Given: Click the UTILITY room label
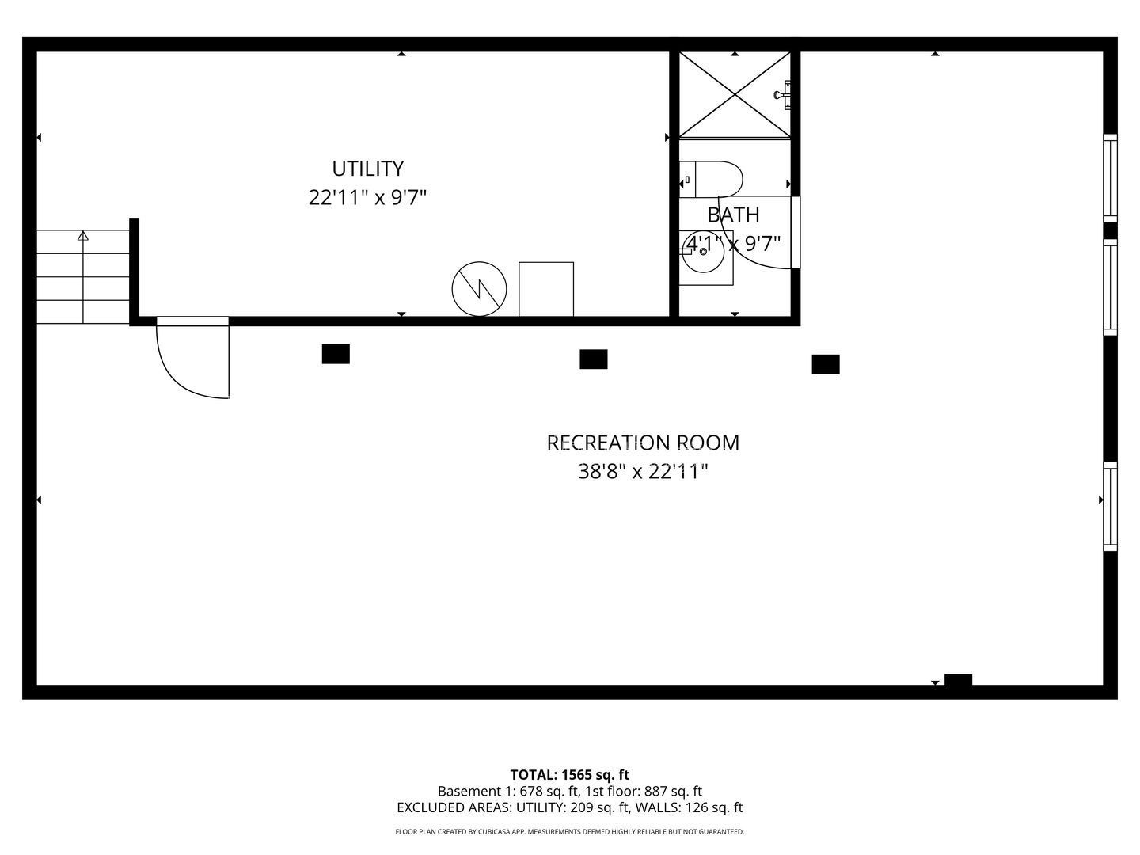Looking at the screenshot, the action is coord(367,169).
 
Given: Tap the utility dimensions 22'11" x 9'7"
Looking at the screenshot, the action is coord(367,198).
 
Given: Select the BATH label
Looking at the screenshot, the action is coord(733,215).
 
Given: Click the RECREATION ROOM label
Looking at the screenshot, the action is coord(643,443).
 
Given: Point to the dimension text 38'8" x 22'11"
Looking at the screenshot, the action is coord(643,472).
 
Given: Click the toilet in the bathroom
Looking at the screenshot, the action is coord(710,179).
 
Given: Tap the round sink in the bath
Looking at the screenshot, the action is coord(703,252).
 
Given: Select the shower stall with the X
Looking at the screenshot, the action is coord(735,94).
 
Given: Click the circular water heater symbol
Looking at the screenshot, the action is coord(479,289).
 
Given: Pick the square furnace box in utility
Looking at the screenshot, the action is coord(545,289).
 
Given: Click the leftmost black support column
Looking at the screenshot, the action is coord(336,354).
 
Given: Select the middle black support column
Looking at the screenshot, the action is coord(593,359).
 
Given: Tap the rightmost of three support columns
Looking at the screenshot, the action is coord(825,364).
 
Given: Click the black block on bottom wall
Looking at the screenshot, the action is coord(958,679).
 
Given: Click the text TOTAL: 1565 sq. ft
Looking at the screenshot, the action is coord(570,775).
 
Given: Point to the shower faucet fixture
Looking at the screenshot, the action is coord(783,95).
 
